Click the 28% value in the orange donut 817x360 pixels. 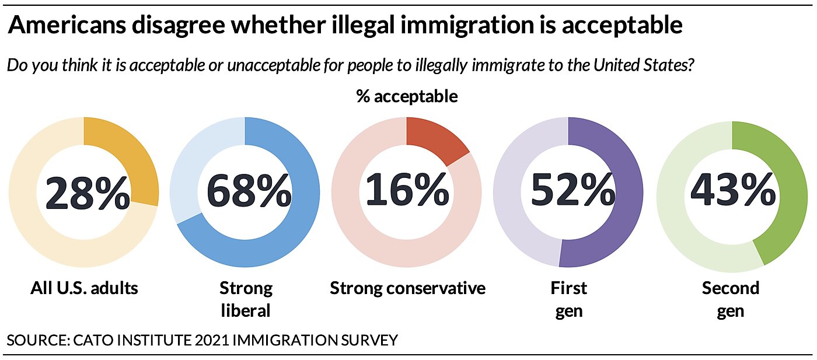87,193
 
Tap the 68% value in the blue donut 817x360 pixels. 249,193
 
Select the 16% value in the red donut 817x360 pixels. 407,193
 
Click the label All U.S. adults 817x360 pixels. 84,288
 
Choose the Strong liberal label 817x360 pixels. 246,299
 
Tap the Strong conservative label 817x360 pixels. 407,288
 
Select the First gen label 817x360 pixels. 568,299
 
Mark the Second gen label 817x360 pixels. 730,299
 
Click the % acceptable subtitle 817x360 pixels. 407,96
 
